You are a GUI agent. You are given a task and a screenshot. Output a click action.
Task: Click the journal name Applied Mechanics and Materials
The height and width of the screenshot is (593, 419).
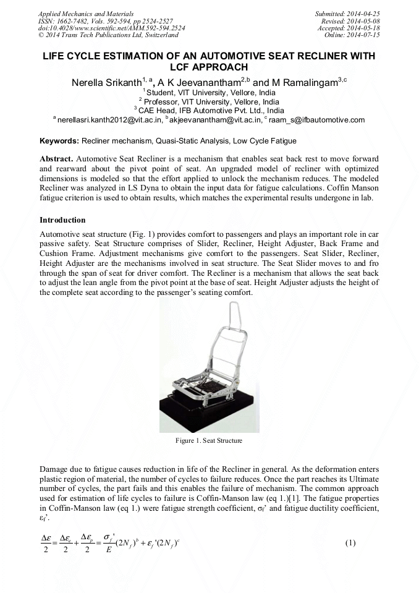[x=86, y=13]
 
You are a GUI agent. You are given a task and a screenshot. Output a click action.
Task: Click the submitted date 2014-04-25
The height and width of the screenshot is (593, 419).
[x=363, y=13]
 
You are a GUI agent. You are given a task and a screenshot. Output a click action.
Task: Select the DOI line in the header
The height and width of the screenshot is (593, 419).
[x=111, y=28]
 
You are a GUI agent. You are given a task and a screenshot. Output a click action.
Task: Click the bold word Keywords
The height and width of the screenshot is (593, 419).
[x=59, y=141]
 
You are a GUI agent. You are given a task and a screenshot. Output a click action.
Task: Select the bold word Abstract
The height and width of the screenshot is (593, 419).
[x=57, y=159]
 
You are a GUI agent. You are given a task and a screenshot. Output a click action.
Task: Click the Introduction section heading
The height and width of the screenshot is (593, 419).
[x=62, y=220]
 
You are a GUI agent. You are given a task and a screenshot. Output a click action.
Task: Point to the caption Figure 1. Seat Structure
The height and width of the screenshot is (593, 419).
[x=209, y=441]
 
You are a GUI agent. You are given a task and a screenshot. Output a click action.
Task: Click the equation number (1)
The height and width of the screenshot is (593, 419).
[x=350, y=543]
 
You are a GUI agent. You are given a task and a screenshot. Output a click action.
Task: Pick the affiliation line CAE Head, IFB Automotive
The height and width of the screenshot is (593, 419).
[x=209, y=111]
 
